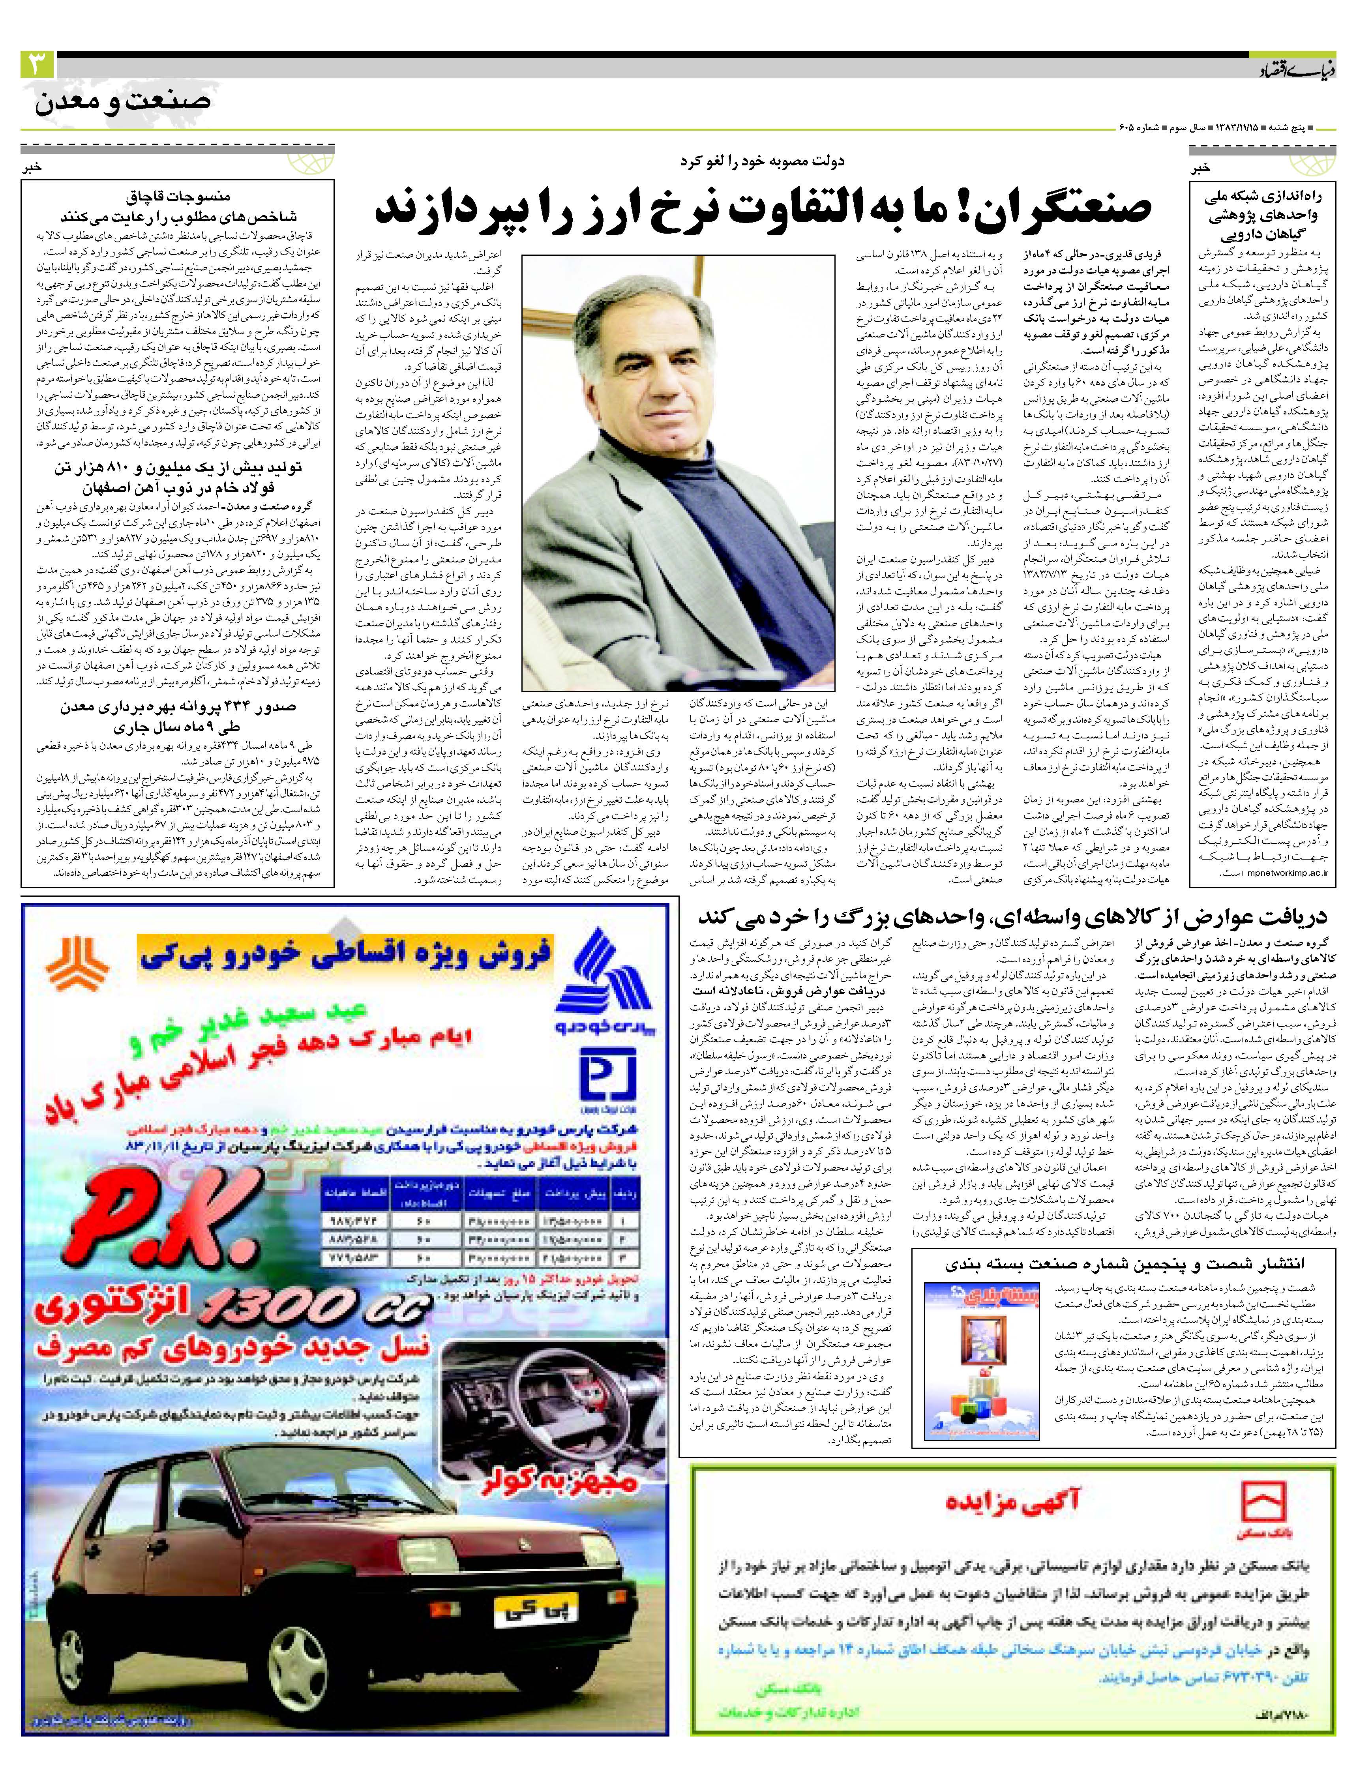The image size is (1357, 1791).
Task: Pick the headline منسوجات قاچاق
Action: [x=178, y=197]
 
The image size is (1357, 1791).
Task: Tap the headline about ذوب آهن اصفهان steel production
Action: [x=178, y=478]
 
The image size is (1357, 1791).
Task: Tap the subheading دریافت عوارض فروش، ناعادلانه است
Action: [x=789, y=990]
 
